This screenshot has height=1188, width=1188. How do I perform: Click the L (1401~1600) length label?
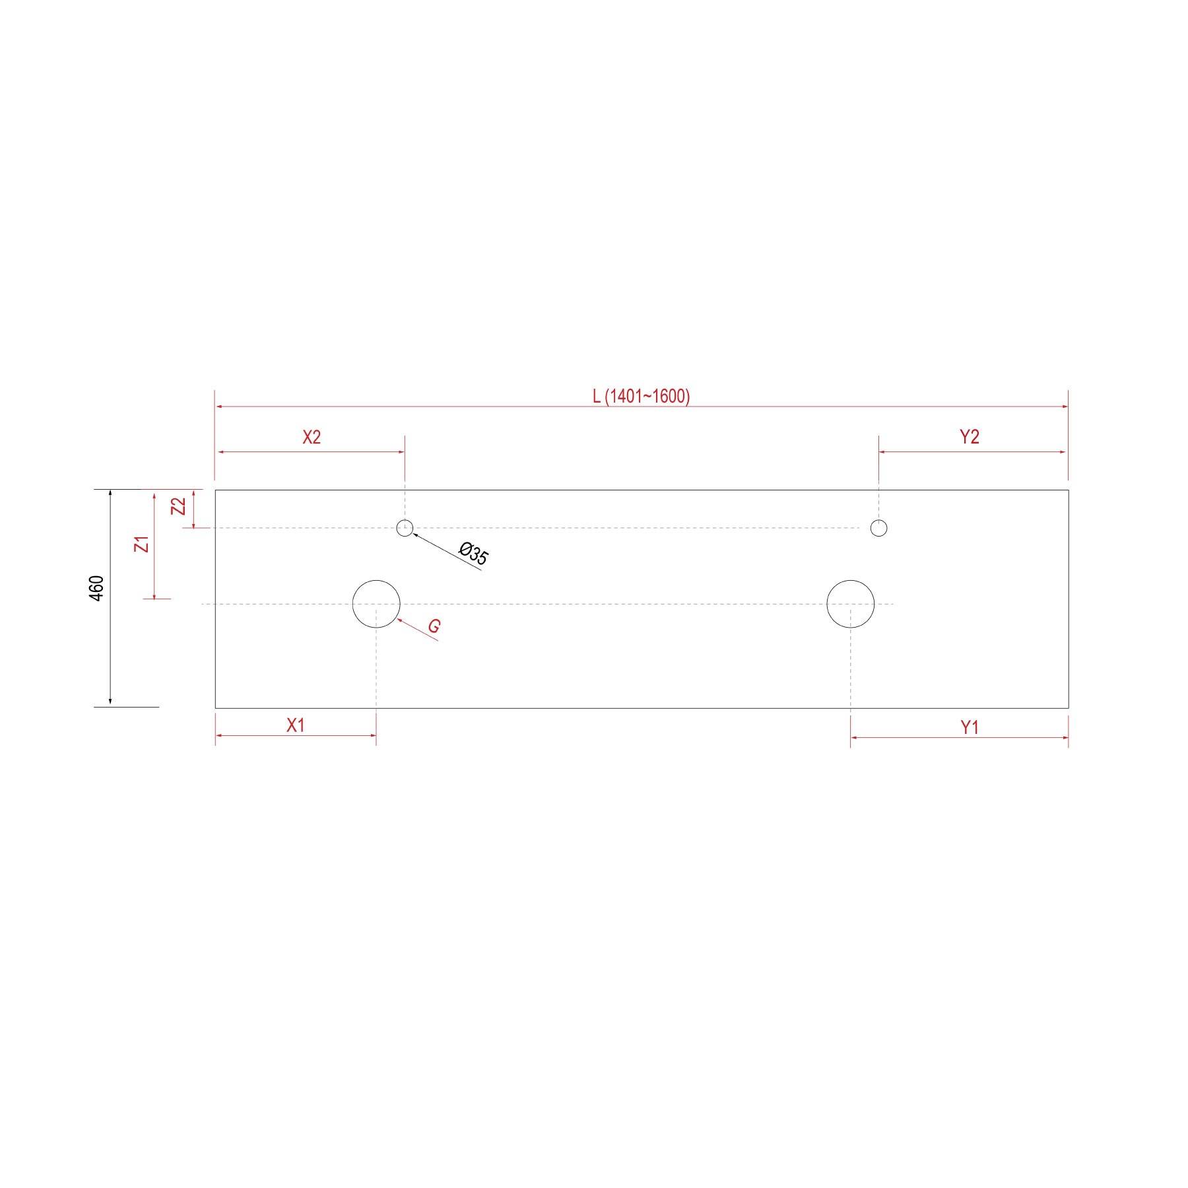[641, 397]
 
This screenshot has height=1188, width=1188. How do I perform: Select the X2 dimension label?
[312, 438]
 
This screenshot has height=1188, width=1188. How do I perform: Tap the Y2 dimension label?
[969, 437]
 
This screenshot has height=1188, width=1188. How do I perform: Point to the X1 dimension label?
[296, 725]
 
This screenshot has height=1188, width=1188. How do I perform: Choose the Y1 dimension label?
[969, 727]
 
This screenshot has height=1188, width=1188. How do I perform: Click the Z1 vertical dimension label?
[142, 544]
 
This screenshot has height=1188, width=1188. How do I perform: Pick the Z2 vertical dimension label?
[178, 506]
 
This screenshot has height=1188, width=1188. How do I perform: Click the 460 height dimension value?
[96, 588]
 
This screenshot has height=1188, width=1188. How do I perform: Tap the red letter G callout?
[434, 626]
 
